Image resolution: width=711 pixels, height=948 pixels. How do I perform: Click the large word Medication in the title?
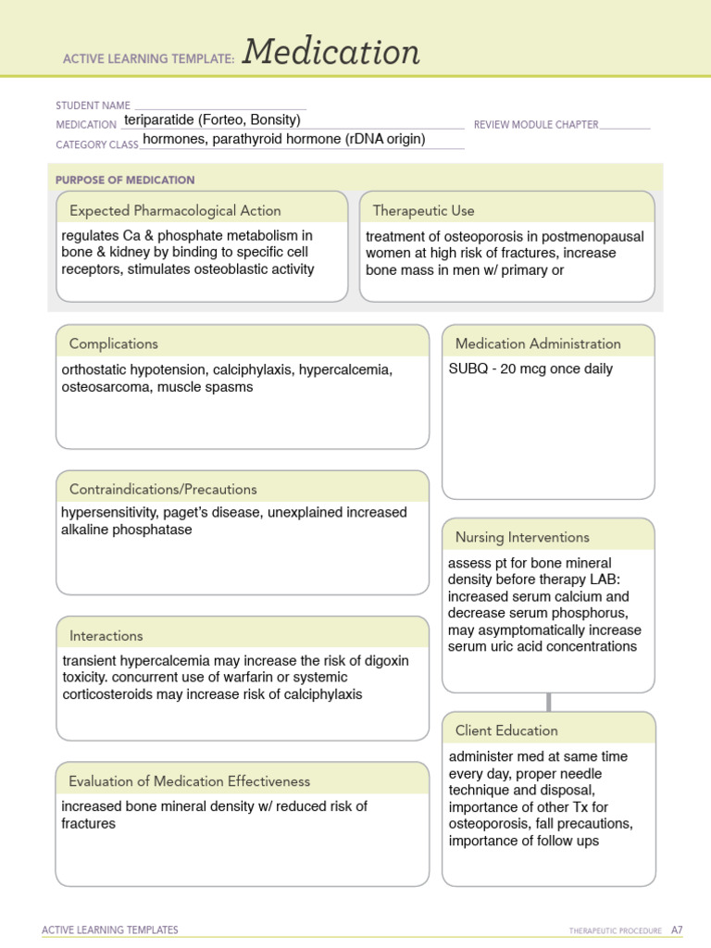(x=331, y=53)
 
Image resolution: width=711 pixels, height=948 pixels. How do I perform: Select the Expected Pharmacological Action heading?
(x=175, y=210)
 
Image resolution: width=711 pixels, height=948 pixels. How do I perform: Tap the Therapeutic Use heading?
(x=423, y=210)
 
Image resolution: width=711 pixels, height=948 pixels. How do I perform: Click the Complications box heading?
(x=114, y=343)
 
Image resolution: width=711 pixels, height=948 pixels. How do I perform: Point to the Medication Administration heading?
(x=538, y=343)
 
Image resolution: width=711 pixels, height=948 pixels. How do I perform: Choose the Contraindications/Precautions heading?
(x=163, y=489)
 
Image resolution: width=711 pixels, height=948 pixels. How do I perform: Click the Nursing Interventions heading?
(x=522, y=537)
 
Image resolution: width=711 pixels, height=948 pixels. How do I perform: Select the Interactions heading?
(x=106, y=636)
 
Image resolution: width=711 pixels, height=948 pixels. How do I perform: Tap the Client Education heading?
(x=506, y=730)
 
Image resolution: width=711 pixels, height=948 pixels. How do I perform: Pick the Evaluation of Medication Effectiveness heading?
(x=190, y=781)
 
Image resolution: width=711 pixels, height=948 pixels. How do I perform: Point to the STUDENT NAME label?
(x=93, y=106)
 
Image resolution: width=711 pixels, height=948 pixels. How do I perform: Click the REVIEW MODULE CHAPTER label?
(x=536, y=124)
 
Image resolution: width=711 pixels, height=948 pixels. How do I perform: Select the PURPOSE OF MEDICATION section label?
(x=125, y=180)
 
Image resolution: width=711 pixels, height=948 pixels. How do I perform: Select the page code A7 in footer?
(x=677, y=929)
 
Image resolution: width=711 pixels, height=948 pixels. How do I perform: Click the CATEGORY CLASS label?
(x=97, y=144)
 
